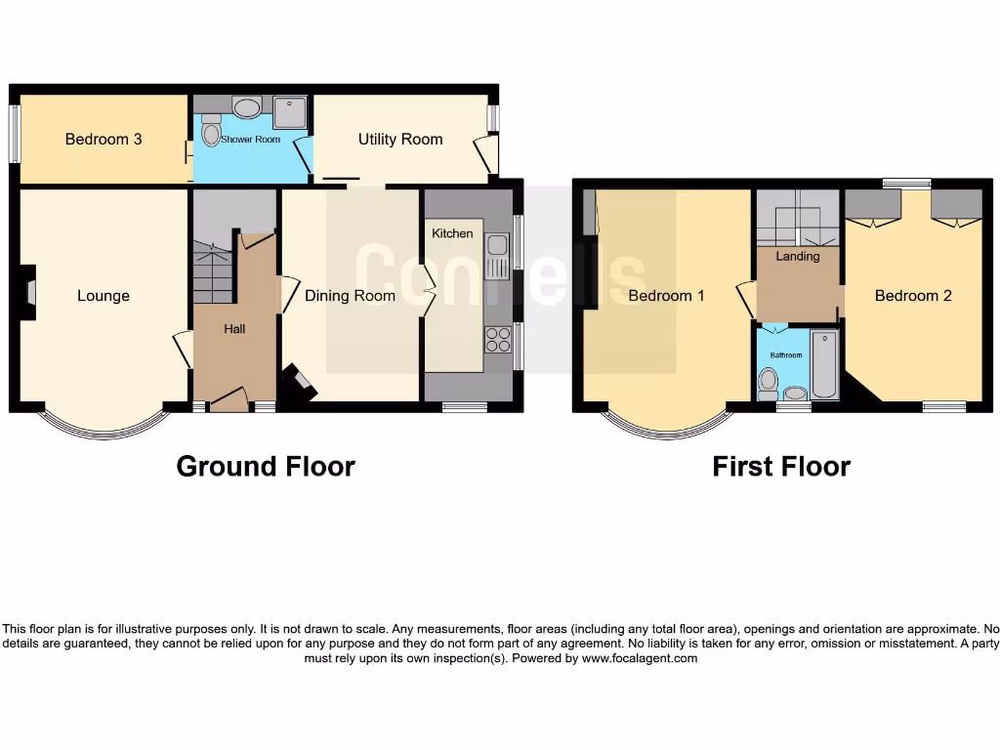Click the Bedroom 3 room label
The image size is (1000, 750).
pyautogui.click(x=104, y=140)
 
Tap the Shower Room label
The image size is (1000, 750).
pyautogui.click(x=250, y=140)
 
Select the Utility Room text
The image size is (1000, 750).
pyautogui.click(x=400, y=140)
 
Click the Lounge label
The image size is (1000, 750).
pyautogui.click(x=104, y=296)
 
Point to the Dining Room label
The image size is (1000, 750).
pyautogui.click(x=350, y=296)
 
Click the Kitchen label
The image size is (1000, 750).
pyautogui.click(x=452, y=233)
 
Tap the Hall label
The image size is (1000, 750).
pyautogui.click(x=234, y=329)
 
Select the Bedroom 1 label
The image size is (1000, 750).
pyautogui.click(x=666, y=296)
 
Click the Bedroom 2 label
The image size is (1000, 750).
pyautogui.click(x=913, y=296)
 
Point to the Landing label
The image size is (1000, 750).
pyautogui.click(x=798, y=257)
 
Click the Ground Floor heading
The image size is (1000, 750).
pyautogui.click(x=266, y=467)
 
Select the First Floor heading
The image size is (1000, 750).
pyautogui.click(x=781, y=467)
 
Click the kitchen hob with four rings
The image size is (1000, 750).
pyautogui.click(x=497, y=340)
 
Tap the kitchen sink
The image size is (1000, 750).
pyautogui.click(x=497, y=255)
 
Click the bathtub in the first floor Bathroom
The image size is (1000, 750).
pyautogui.click(x=824, y=366)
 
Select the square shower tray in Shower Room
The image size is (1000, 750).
pyautogui.click(x=290, y=112)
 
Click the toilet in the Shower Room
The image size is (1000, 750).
pyautogui.click(x=211, y=130)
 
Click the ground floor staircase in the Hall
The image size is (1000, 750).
pyautogui.click(x=213, y=271)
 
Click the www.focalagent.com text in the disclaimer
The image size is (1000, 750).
pyautogui.click(x=640, y=658)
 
